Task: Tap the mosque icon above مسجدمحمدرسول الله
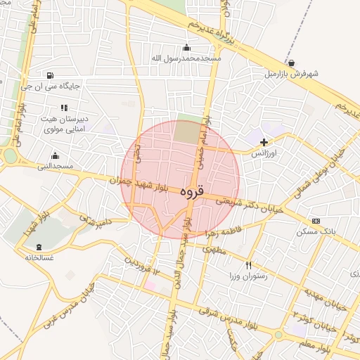[x=186, y=48]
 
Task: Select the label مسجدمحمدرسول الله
[x=186, y=58]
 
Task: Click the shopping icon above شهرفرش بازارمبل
[x=291, y=63]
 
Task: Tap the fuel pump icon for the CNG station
[x=49, y=76]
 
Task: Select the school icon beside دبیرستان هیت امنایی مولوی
[x=64, y=108]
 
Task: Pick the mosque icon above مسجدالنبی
[x=56, y=155]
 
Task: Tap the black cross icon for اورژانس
[x=264, y=143]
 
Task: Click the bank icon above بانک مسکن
[x=316, y=221]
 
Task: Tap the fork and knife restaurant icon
[x=248, y=265]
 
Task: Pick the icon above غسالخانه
[x=39, y=247]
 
